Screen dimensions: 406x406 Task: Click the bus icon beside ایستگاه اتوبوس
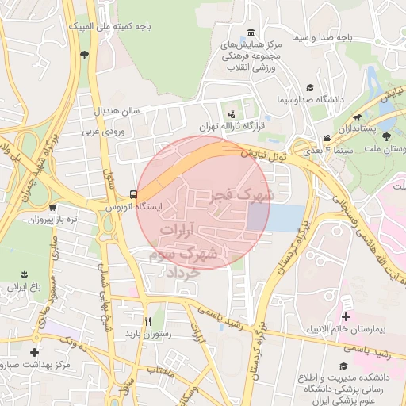132,193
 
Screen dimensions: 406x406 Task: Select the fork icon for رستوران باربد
147,321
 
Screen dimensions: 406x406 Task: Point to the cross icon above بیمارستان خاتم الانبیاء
346,316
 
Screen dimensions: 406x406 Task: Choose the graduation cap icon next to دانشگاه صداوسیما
310,87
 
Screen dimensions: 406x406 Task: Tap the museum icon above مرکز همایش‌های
251,33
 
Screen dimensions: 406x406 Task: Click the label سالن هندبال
118,108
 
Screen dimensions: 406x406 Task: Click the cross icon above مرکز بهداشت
33,352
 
